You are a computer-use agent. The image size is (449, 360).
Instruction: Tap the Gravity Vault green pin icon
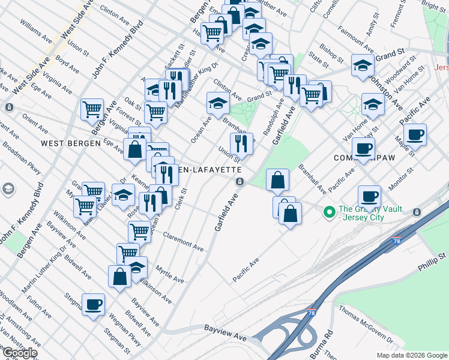point(329,212)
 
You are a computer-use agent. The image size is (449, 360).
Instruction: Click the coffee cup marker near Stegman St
point(93,304)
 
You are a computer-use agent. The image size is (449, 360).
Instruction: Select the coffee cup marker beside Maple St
point(415,134)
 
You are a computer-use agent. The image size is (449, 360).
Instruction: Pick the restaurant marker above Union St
point(241,143)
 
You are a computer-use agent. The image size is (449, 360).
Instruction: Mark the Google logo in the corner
point(19,353)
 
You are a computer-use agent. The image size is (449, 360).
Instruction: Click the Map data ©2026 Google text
point(412,355)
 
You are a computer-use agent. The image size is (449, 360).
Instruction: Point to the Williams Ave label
point(37,31)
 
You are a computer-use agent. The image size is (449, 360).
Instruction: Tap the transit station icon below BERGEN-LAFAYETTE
point(240,181)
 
